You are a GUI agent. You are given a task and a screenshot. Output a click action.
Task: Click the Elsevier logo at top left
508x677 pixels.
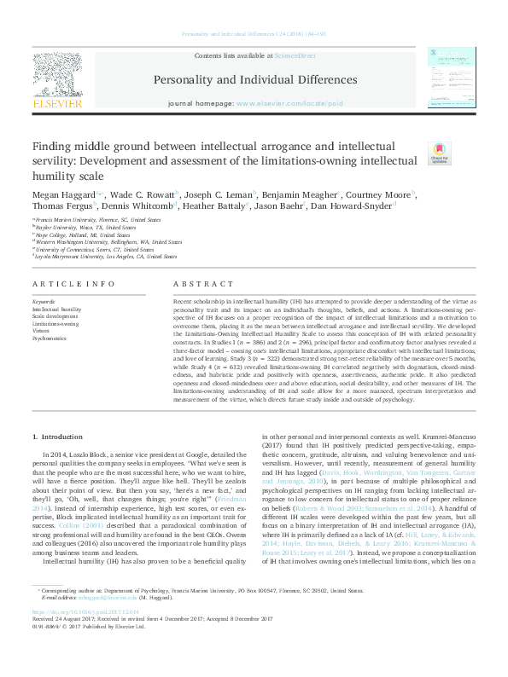(x=57, y=82)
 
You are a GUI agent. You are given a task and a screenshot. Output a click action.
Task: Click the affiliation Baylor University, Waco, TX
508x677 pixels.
(x=86, y=228)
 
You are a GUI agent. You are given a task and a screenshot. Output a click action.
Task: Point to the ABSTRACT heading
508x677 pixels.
(x=197, y=284)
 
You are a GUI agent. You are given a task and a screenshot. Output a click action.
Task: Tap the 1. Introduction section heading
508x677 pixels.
(x=59, y=437)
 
